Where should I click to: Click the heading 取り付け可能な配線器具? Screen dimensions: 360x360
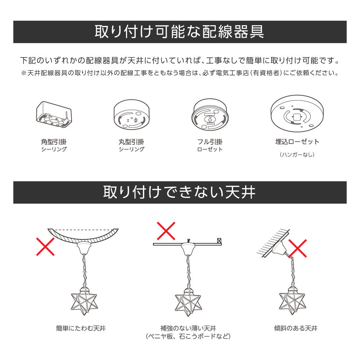pos(179,32)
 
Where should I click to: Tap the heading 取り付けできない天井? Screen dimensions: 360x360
pos(179,192)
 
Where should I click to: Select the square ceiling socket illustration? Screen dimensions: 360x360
pos(54,114)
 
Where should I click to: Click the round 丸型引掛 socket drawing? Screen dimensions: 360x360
pos(131,115)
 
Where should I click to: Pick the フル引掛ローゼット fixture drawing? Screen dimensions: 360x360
pos(210,115)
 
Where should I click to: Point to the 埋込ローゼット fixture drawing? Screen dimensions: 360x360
pos(297,113)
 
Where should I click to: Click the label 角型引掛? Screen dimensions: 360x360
pos(54,141)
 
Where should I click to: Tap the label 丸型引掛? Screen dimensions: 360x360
pos(131,141)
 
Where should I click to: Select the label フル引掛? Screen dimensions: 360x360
pos(210,141)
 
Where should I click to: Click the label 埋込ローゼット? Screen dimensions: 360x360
pos(297,141)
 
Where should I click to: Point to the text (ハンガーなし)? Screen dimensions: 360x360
pos(297,154)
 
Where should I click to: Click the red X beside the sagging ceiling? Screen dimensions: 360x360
pos(45,247)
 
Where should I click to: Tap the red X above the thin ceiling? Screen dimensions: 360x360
pos(166,231)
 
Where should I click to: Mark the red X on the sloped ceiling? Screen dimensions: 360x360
pos(298,248)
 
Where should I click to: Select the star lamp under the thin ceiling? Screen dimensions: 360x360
pos(188,302)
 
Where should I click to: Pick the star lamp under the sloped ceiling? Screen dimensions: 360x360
pos(292,301)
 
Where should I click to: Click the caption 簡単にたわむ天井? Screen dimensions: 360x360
pos(81,328)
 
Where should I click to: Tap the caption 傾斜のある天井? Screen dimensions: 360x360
pos(296,328)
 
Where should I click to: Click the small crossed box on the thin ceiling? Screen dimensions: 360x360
pos(219,241)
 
